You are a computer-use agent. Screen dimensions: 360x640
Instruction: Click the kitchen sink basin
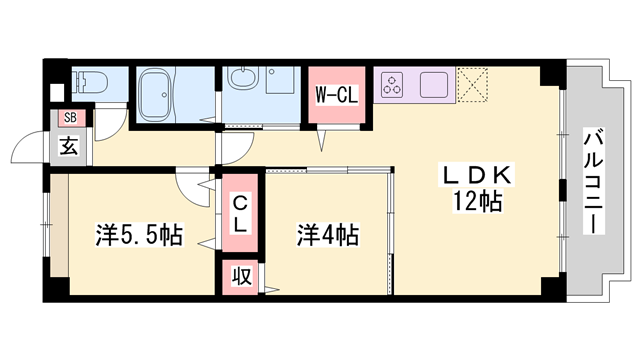coord(436,84)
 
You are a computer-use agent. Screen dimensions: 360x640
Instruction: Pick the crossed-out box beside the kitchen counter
coord(471,84)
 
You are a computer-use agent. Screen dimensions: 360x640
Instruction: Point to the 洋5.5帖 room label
coord(139,237)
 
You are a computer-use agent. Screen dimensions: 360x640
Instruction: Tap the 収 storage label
coord(241,277)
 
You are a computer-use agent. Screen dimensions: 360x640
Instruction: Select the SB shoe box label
coord(69,118)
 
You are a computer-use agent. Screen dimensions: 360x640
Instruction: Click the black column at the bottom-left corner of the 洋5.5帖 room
coord(55,287)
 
